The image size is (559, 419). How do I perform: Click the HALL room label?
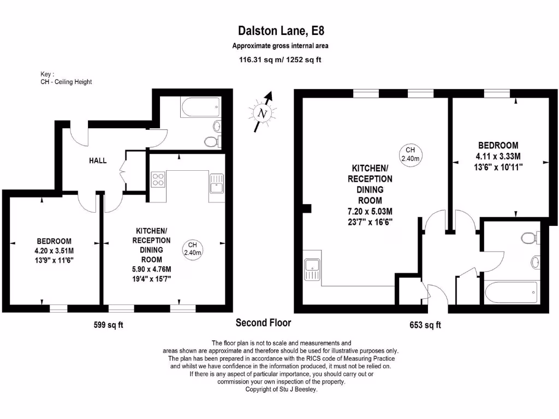point(98,161)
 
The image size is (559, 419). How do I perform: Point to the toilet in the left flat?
point(211,142)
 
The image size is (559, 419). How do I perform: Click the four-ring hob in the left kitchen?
point(158,179)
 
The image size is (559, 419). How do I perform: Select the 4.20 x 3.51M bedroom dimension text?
point(53,251)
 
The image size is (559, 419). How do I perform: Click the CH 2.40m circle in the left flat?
point(192,249)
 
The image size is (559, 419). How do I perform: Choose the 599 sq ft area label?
point(108,325)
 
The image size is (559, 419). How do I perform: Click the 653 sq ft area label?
point(425,325)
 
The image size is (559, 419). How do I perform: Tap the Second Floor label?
point(263,323)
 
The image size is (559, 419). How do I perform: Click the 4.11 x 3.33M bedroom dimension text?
point(498,157)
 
